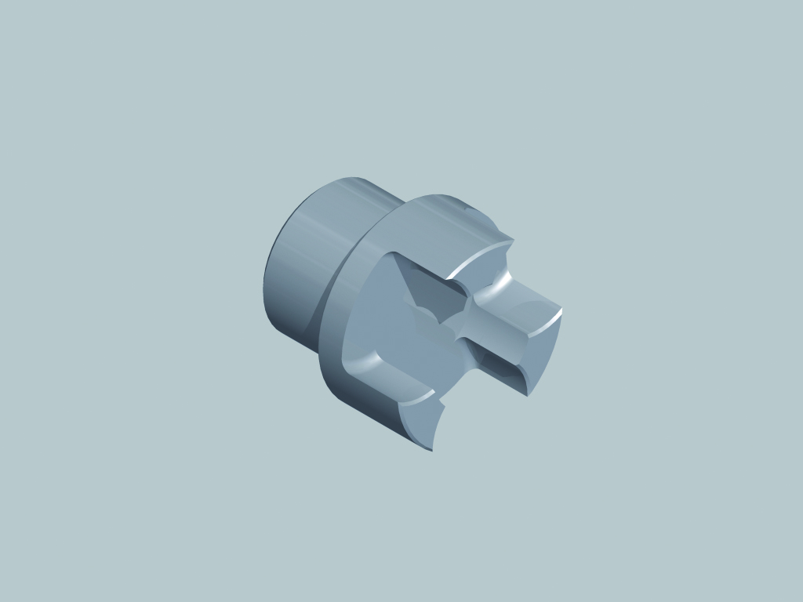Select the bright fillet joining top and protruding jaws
[x=490, y=286]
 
